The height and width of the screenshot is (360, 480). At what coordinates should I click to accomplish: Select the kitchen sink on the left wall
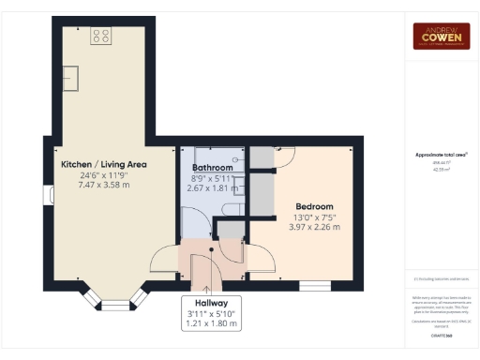(x=68, y=76)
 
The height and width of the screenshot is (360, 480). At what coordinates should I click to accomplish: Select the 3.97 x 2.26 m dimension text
(x=314, y=227)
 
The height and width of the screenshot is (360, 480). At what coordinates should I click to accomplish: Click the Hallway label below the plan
(x=209, y=302)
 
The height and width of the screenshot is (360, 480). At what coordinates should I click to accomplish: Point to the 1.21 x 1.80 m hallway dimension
(x=209, y=323)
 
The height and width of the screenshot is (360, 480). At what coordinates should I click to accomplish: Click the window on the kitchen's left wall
(x=48, y=195)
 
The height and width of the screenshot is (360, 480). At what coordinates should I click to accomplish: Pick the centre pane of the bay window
(x=113, y=305)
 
